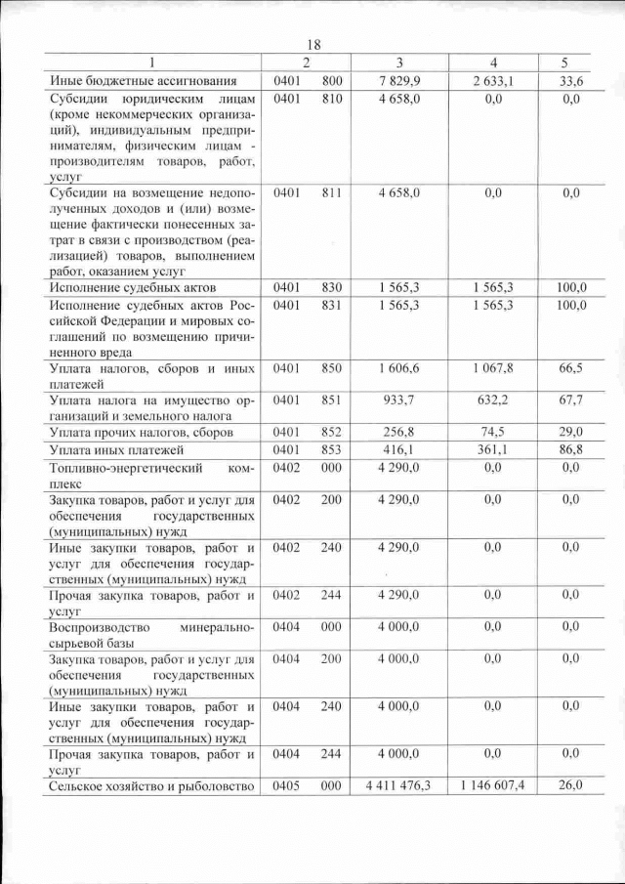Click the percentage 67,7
[x=571, y=400]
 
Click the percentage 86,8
[x=571, y=448]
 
